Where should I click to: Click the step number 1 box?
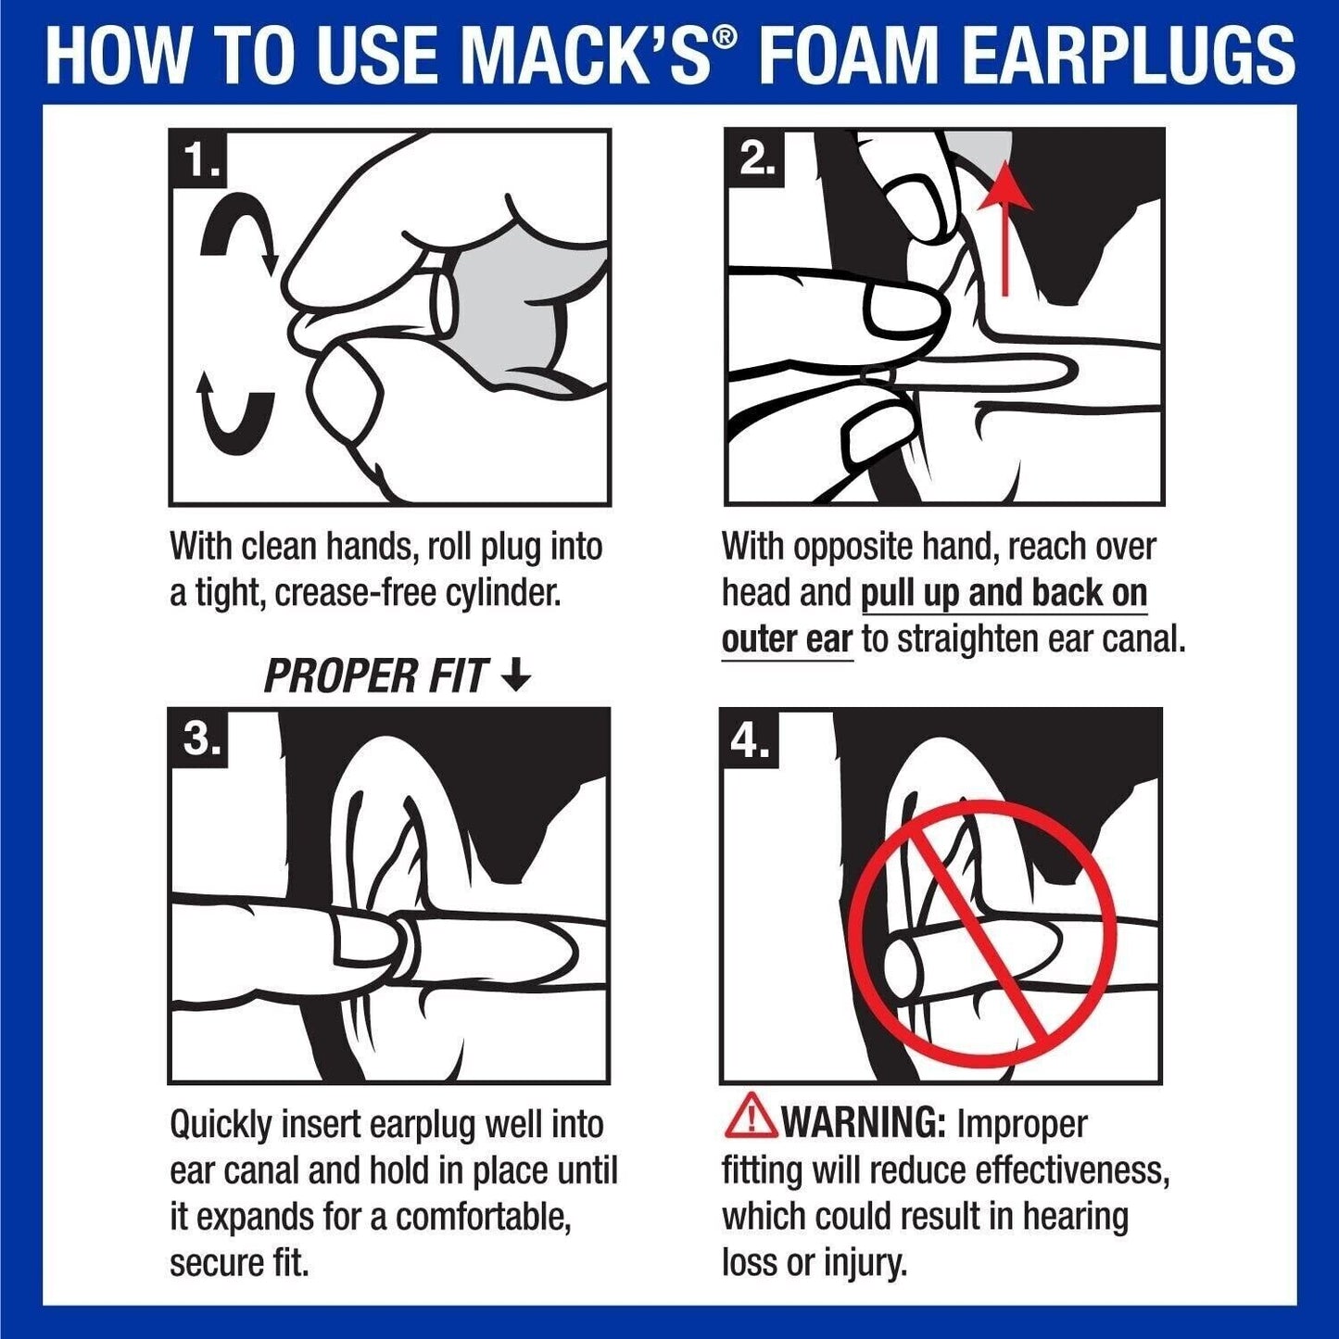point(198,159)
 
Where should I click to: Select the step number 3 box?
point(198,739)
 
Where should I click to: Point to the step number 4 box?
point(750,739)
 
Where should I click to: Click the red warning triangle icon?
point(751,1116)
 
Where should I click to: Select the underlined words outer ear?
point(786,639)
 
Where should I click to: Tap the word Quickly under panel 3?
point(221,1125)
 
